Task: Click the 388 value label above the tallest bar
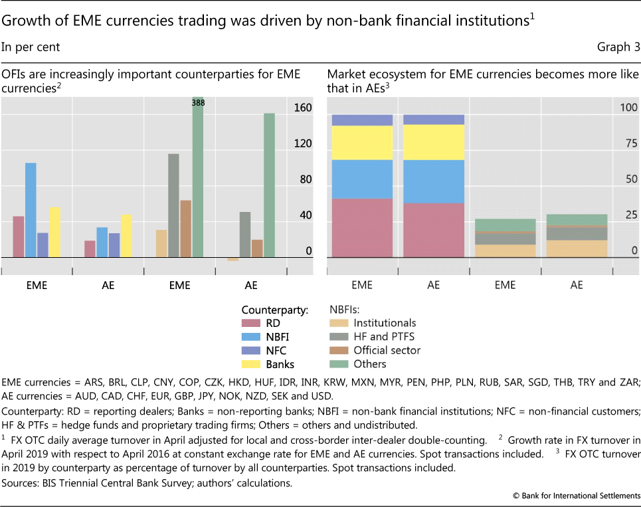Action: pos(198,103)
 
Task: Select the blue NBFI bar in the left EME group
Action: pos(31,209)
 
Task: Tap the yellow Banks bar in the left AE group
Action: pos(126,236)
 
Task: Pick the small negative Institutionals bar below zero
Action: pos(232,259)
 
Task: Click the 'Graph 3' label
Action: pos(617,47)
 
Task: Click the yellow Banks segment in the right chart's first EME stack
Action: pos(362,142)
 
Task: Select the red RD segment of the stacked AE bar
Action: pos(434,230)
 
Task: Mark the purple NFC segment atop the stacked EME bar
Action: pos(362,120)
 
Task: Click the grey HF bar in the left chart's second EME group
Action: pos(174,205)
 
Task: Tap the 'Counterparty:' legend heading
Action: pos(275,310)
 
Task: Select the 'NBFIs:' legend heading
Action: pos(346,310)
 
